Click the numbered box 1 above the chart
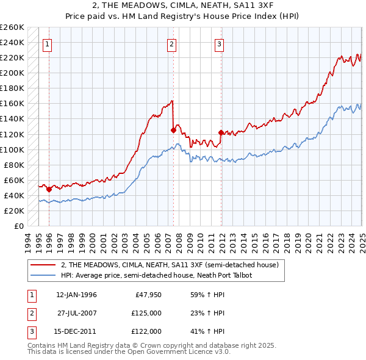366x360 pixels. (48, 43)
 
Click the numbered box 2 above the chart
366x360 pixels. (172, 43)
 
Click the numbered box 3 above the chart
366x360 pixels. (219, 43)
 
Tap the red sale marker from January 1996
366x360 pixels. (49, 189)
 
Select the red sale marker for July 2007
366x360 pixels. (173, 130)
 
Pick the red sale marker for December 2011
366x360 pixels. (220, 132)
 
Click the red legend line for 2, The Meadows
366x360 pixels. (43, 265)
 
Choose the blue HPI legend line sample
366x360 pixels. (43, 275)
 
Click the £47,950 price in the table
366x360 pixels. (147, 295)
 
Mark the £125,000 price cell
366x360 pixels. (145, 313)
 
